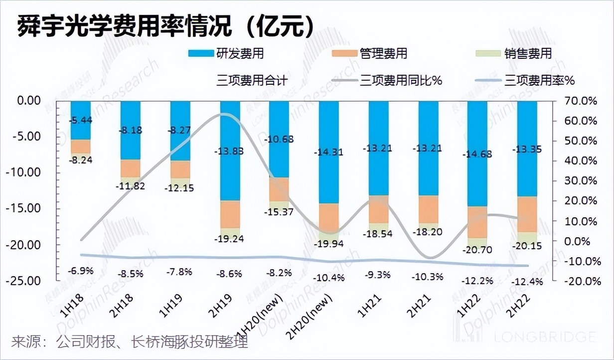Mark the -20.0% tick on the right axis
point(581,281)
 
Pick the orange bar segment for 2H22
point(527,214)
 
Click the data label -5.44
point(81,120)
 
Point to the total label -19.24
point(230,238)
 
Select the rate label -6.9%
point(81,271)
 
